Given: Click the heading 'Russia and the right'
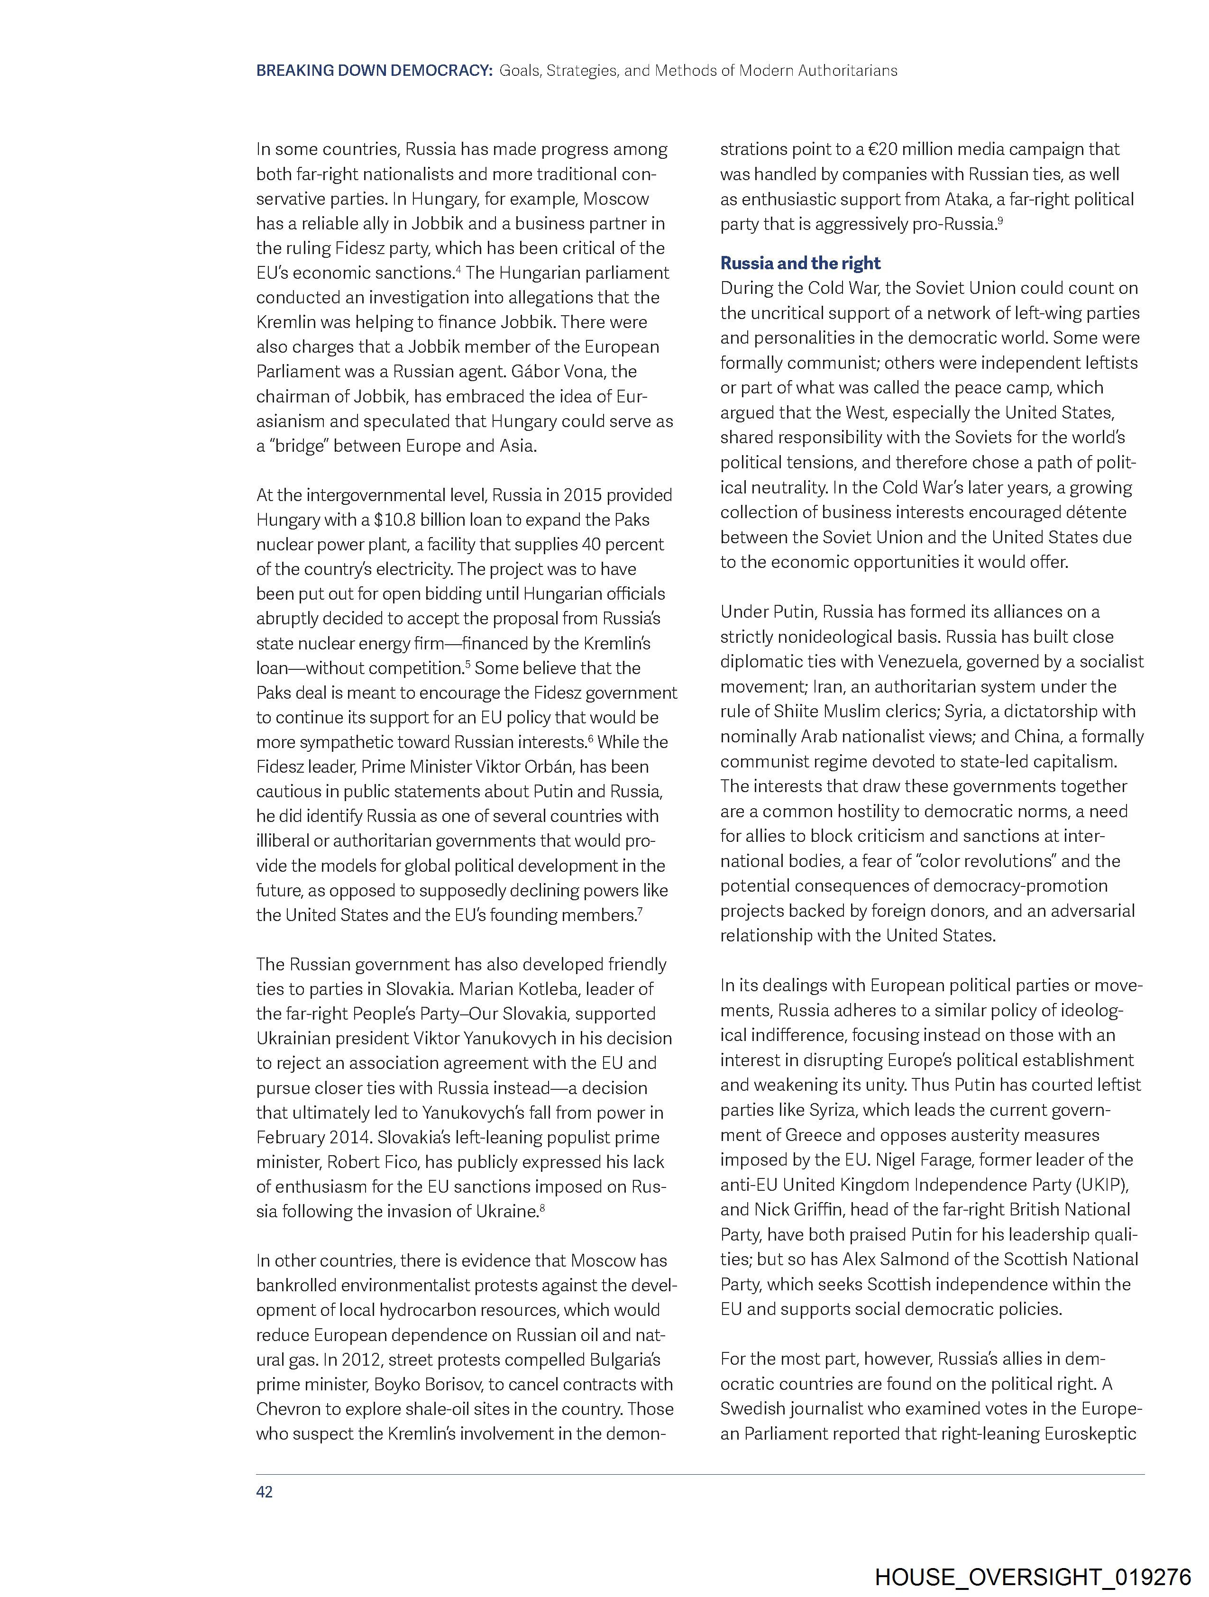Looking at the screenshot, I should click(x=800, y=263).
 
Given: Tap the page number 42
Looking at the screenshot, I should click(x=265, y=1492).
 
